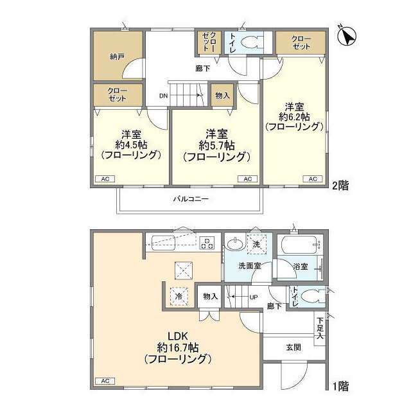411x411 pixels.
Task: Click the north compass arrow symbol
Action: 348,37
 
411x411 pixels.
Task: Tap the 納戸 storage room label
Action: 116,57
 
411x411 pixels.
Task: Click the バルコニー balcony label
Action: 191,199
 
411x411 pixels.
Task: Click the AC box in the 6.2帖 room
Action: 312,179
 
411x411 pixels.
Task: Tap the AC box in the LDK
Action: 103,381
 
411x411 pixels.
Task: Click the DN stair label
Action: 165,97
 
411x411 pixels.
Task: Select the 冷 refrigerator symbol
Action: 180,297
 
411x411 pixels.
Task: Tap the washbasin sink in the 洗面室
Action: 234,245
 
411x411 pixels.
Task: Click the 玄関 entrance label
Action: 293,347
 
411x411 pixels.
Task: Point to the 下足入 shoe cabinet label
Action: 320,327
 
